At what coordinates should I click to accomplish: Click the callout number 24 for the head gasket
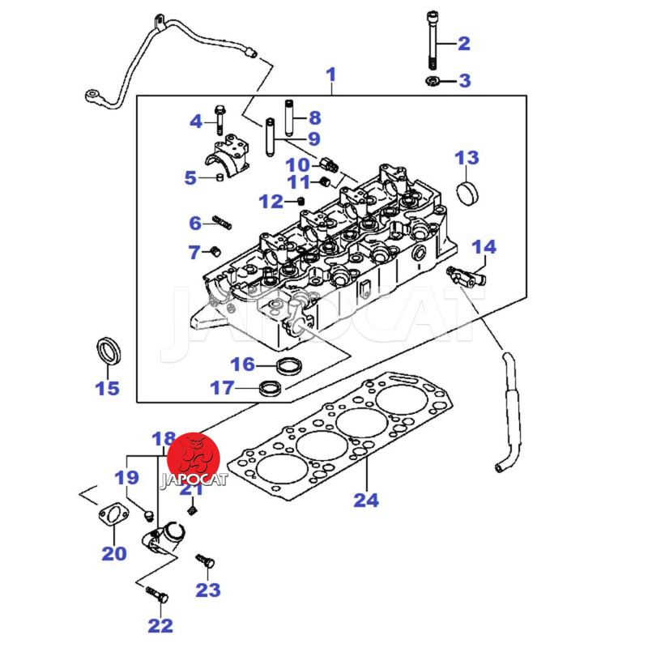click(366, 500)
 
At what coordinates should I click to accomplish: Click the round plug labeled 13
click(467, 194)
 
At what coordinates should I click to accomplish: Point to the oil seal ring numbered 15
click(109, 352)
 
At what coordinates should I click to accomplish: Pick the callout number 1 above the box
click(330, 75)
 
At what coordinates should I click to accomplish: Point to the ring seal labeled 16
click(286, 364)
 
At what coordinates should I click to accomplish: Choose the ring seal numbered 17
click(271, 389)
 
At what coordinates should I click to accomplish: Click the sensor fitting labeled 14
click(467, 276)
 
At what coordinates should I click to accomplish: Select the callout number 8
click(314, 117)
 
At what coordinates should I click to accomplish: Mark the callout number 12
click(271, 201)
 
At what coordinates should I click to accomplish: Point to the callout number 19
click(126, 477)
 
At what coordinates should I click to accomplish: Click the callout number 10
click(297, 164)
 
